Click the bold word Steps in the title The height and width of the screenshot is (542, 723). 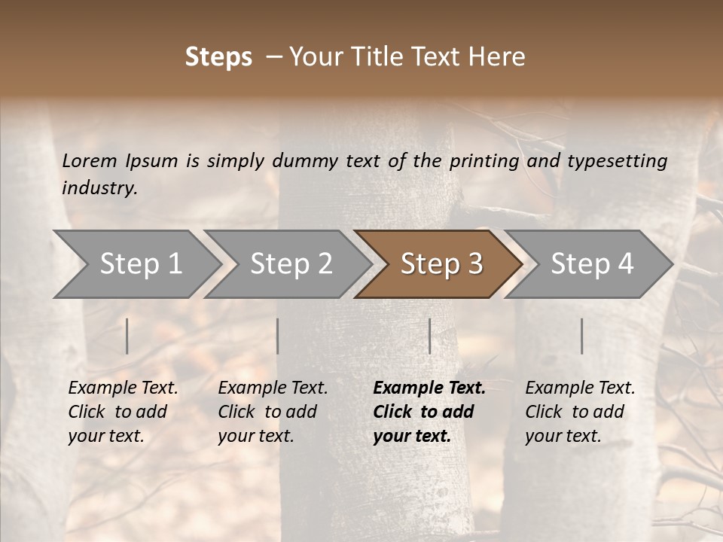pos(218,57)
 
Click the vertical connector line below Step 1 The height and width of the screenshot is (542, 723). pos(127,336)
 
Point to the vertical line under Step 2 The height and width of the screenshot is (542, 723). pos(278,336)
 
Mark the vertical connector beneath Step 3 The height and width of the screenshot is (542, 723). pos(430,336)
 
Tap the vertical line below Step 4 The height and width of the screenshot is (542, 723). pos(581,336)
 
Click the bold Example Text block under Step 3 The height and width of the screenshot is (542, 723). pos(429,412)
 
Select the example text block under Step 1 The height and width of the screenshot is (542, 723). pos(123,412)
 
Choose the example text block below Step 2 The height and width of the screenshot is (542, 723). pos(273,412)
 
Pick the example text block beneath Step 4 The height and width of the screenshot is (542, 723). pos(580,412)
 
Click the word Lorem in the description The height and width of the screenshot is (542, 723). pos(90,161)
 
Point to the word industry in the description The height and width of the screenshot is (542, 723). pos(99,188)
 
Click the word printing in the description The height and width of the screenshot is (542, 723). pos(485,161)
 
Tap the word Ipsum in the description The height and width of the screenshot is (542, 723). pos(154,161)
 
